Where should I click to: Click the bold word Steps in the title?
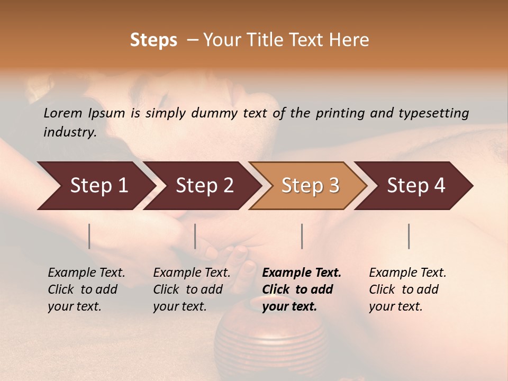(x=153, y=40)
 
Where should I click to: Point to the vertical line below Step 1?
(x=89, y=236)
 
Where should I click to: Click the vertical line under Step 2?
(x=195, y=236)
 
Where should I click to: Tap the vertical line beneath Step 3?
(x=302, y=236)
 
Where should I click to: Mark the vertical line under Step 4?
(x=409, y=236)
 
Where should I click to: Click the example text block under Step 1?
(x=86, y=289)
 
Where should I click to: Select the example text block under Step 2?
(x=192, y=289)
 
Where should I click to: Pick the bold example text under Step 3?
(x=301, y=289)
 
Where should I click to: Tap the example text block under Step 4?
(x=407, y=289)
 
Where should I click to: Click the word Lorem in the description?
(x=62, y=113)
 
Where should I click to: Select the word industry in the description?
(x=70, y=132)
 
